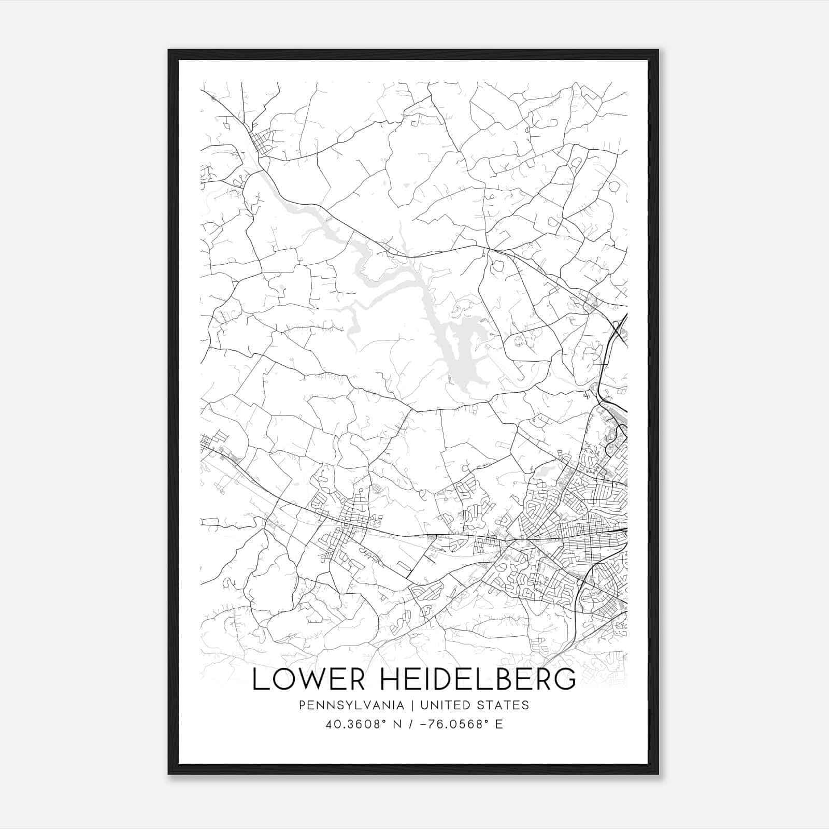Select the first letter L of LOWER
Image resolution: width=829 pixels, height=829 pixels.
tap(258, 679)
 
